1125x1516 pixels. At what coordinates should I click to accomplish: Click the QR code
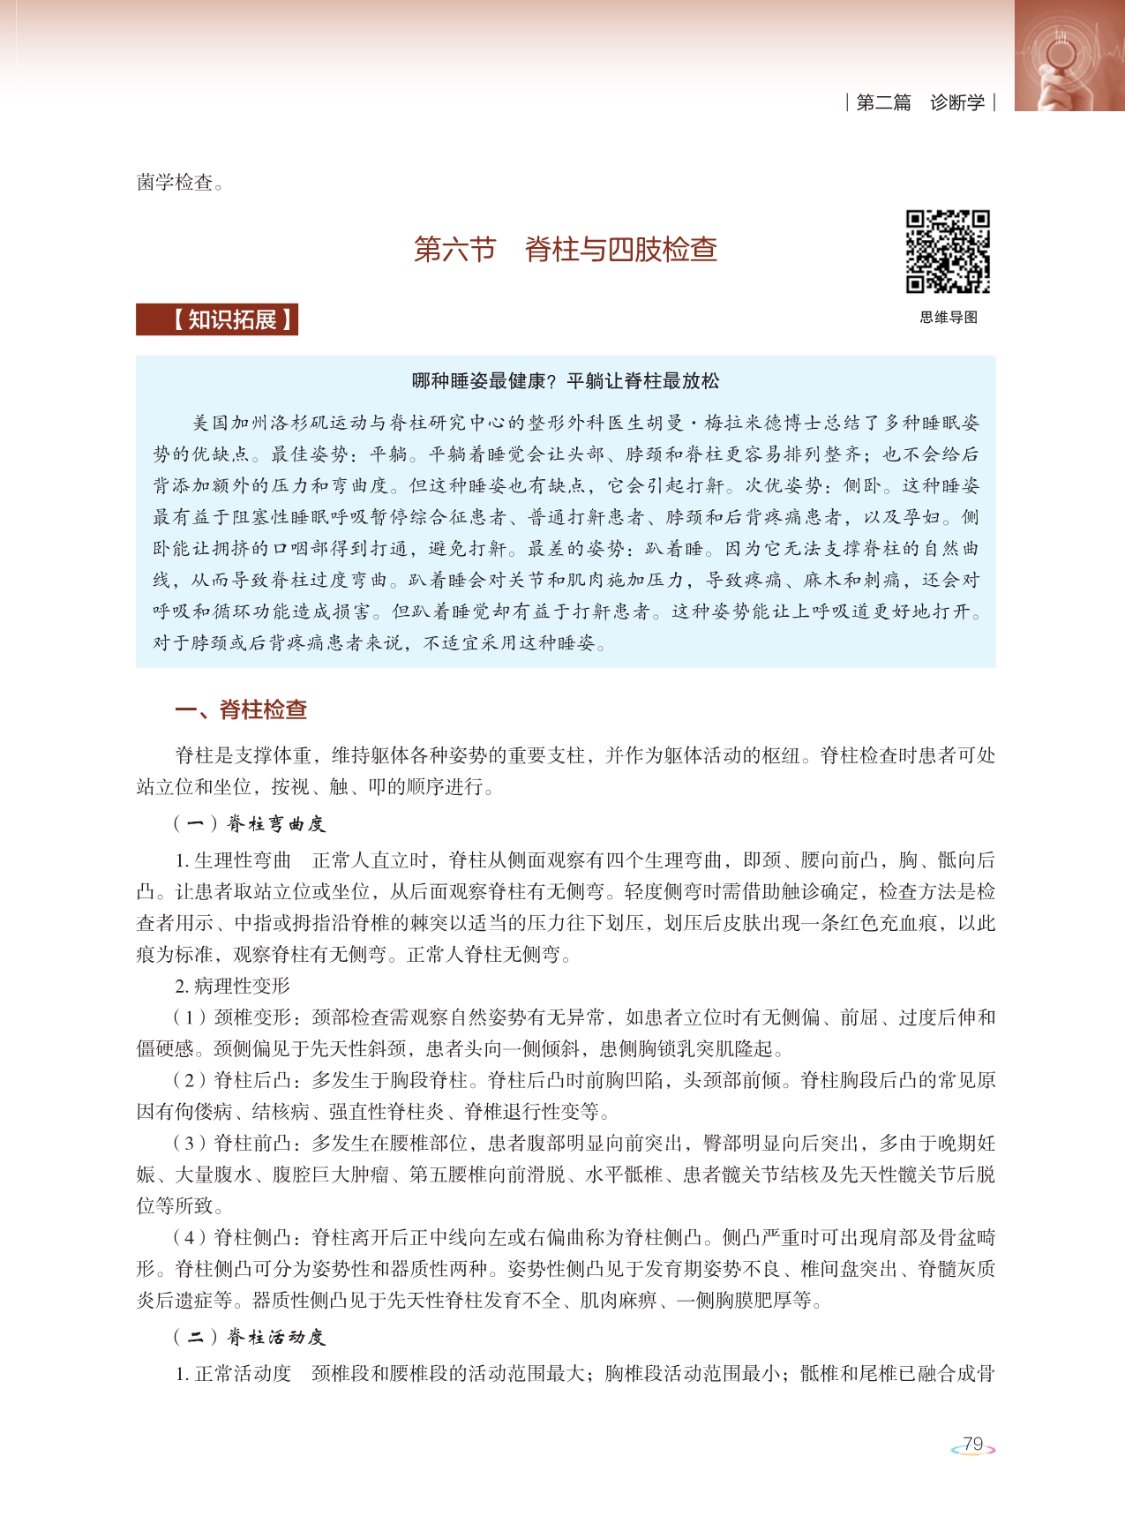point(948,251)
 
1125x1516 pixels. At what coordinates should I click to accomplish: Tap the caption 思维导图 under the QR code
point(949,318)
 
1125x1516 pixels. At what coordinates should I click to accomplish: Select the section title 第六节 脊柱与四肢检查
point(565,250)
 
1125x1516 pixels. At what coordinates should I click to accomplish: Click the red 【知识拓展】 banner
point(217,319)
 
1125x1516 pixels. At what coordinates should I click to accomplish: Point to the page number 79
point(972,1445)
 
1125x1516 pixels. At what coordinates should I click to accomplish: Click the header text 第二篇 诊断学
point(919,102)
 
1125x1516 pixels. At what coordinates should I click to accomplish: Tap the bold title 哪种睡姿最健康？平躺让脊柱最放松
point(566,381)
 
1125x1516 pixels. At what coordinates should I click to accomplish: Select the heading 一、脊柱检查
point(241,709)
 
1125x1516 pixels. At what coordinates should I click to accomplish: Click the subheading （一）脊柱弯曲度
point(250,824)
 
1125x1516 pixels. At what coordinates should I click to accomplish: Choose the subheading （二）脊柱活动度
point(250,1337)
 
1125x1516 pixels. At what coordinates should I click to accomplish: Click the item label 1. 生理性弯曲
point(233,860)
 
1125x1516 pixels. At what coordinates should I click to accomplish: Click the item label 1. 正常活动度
point(233,1374)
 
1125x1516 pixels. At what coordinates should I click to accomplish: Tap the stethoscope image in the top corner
point(1069,55)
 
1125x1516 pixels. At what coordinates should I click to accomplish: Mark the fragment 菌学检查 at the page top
point(175,183)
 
